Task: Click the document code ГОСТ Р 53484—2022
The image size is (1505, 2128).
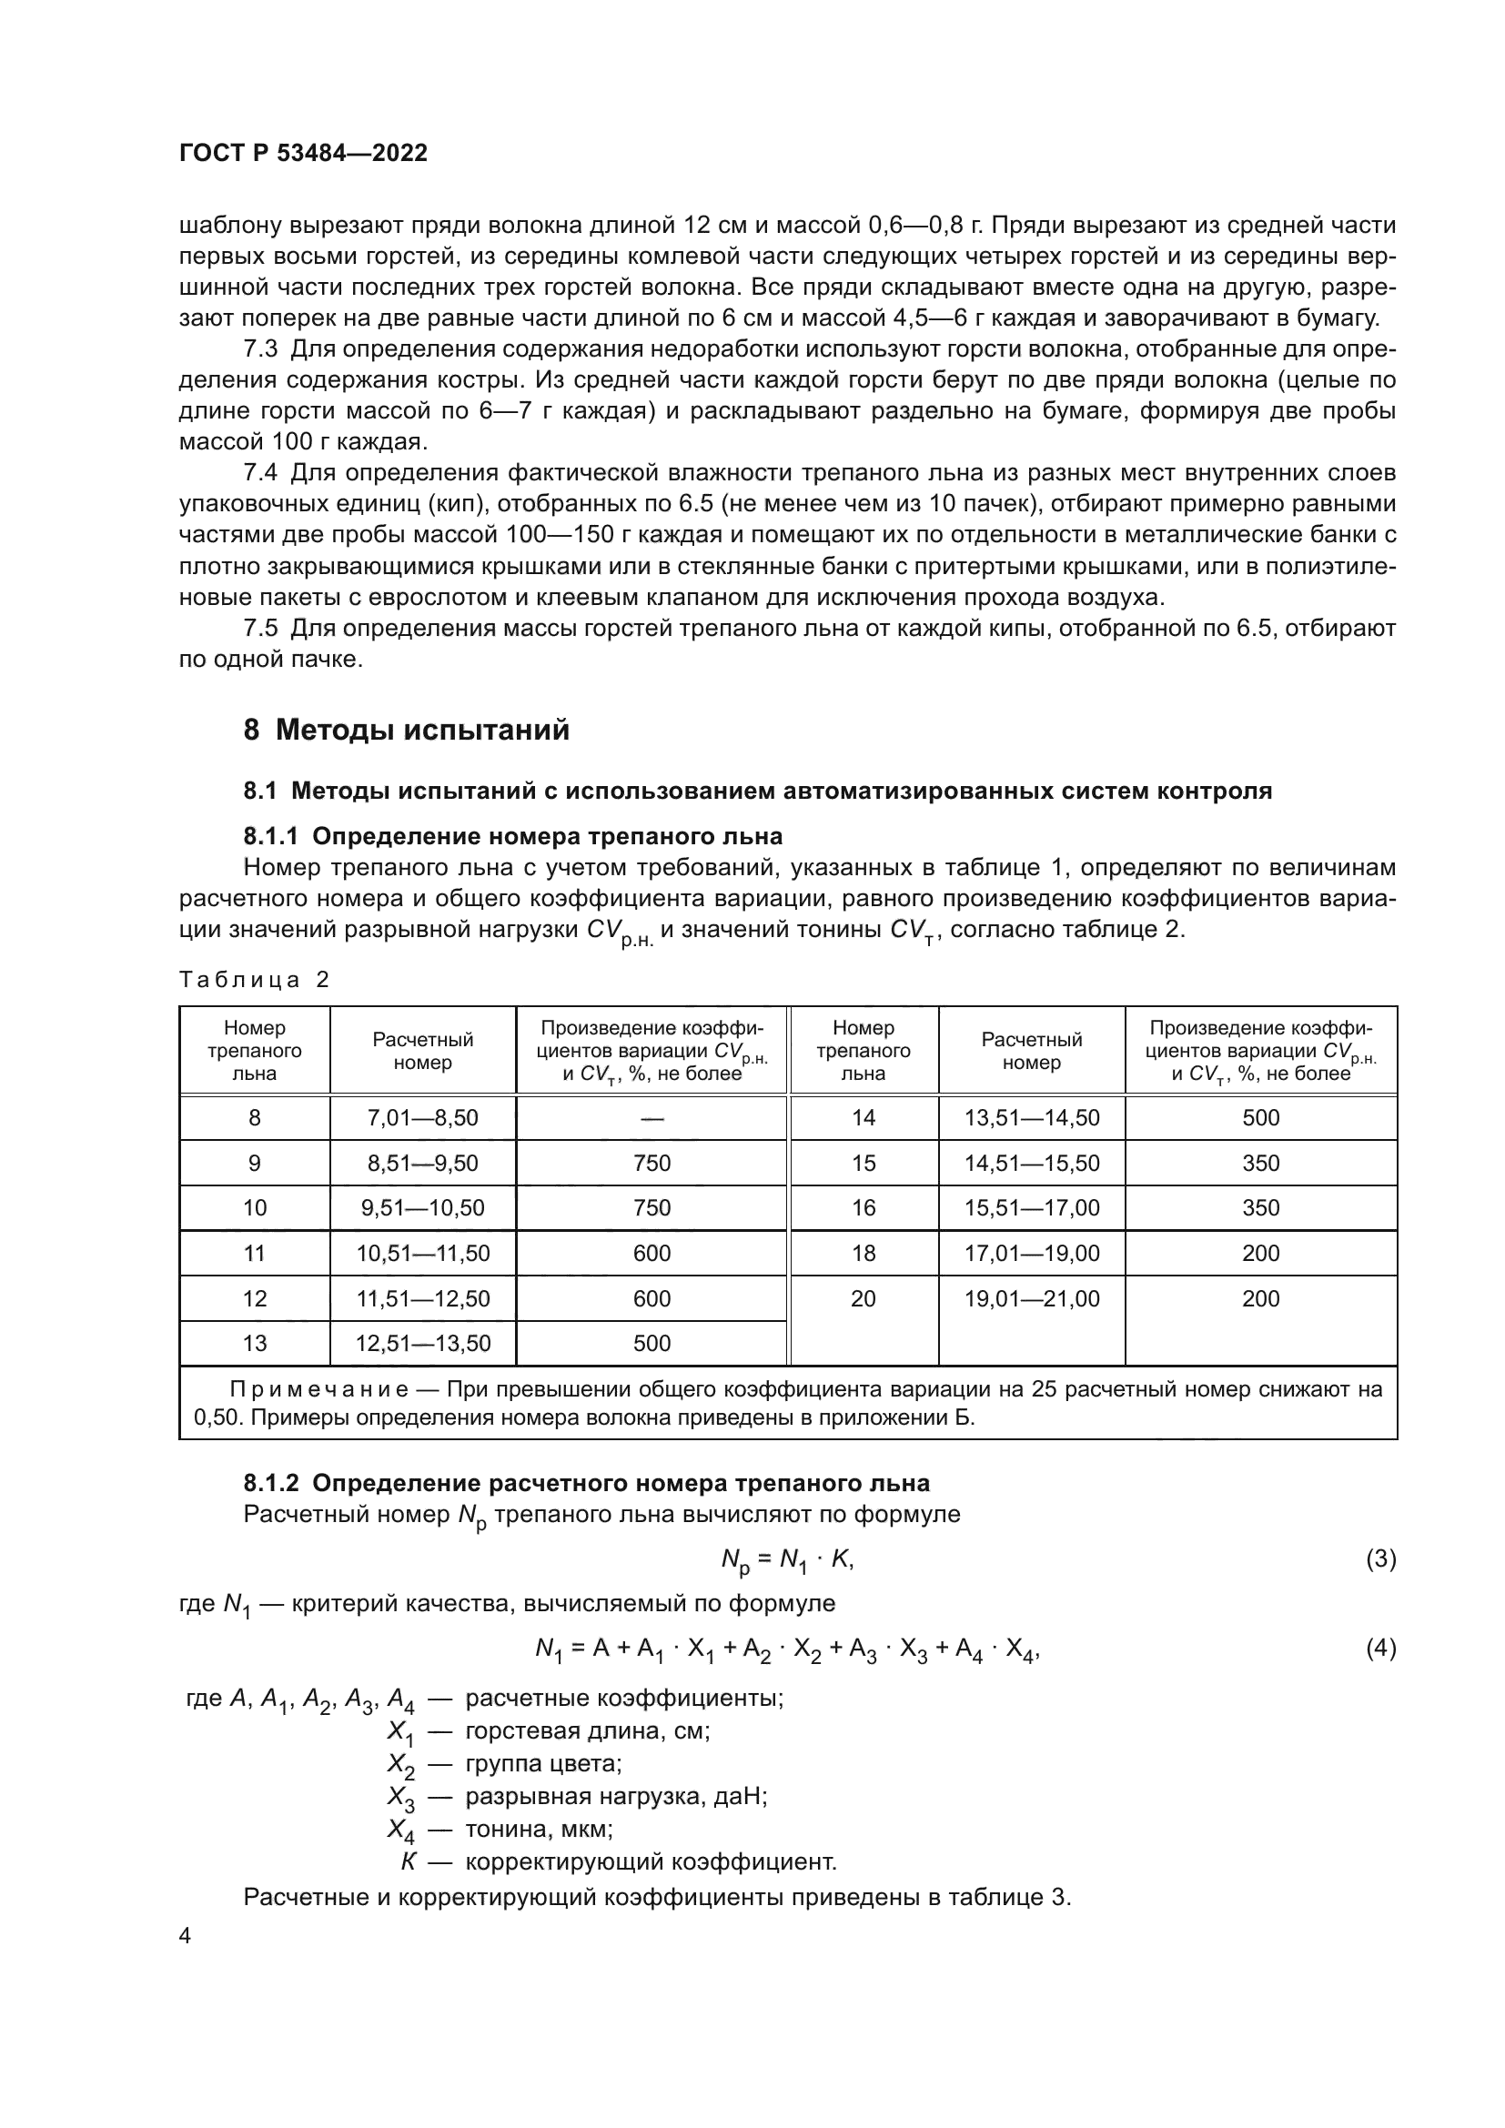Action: pos(303,154)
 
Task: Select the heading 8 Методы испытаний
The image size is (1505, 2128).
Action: pos(406,731)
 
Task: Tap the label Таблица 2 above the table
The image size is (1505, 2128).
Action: pos(254,981)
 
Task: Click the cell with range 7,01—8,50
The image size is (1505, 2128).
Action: pos(422,1118)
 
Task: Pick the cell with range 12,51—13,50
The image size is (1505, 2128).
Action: pos(422,1343)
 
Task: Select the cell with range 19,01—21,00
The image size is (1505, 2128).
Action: pos(1032,1298)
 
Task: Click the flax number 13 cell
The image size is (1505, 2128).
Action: pos(254,1343)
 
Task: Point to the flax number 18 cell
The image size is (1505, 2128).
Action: pos(863,1253)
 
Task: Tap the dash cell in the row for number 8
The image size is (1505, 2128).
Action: pos(651,1118)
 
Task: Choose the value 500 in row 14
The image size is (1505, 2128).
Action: pos(1260,1118)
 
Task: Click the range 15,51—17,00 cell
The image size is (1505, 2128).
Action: pos(1032,1207)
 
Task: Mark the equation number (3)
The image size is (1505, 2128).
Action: pos(1380,1560)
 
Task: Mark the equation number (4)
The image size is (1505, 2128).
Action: pos(1380,1649)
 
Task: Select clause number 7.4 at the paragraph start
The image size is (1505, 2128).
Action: pos(259,474)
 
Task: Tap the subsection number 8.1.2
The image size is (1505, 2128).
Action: pos(270,1483)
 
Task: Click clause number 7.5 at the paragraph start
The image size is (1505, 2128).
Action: pos(259,629)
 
